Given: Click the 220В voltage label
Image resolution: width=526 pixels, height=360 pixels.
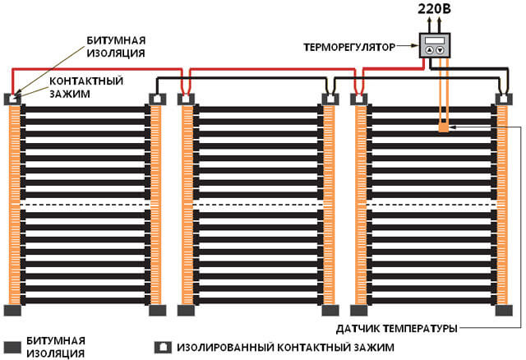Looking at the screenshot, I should coord(433,12).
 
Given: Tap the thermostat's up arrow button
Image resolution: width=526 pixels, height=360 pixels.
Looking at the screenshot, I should coord(430,50).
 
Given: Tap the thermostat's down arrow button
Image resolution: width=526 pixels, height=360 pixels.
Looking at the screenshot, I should coord(441,50).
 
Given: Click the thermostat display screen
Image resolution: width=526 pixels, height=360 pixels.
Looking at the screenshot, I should coord(436,40).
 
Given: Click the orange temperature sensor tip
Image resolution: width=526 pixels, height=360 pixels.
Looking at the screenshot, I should coord(444,127).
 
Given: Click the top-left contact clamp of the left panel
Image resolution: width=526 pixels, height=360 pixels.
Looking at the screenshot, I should coord(14,98).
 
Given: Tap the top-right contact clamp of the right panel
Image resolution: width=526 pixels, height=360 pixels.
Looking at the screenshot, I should coord(502,99).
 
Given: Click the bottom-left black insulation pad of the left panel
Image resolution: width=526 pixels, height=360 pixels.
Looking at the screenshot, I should coord(14,310).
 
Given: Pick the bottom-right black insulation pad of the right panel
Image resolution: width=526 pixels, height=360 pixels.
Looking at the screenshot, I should coord(502,310).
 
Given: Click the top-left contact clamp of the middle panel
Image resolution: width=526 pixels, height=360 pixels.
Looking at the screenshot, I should coord(187,99).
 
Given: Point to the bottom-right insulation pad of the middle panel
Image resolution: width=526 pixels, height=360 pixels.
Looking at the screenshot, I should coord(330,310).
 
